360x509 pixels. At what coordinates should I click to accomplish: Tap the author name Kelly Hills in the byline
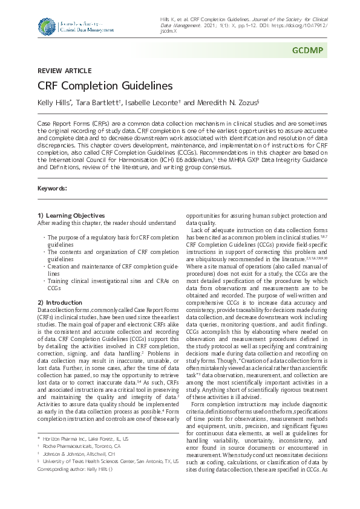coord(54,103)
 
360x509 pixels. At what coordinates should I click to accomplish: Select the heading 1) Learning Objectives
coord(71,216)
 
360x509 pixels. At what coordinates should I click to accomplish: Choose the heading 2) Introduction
coord(60,302)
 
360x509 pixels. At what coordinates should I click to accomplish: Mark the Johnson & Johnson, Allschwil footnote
coord(76,453)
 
